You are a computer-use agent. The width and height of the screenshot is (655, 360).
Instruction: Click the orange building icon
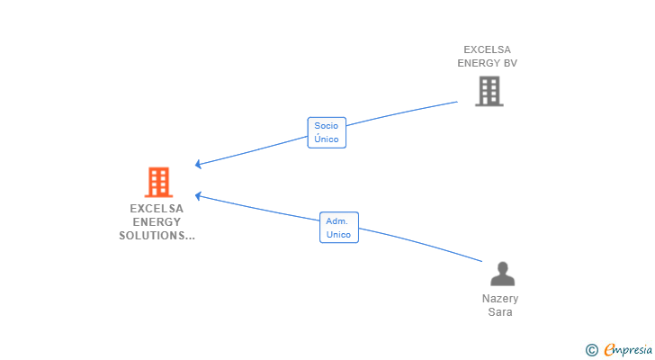click(x=158, y=183)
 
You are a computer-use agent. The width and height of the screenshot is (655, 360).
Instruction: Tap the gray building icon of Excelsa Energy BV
click(x=489, y=91)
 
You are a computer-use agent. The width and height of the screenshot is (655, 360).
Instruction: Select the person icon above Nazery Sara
click(x=501, y=274)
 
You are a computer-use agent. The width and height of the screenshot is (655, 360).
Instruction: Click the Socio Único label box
click(x=327, y=133)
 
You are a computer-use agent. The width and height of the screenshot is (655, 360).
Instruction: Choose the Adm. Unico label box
click(x=338, y=228)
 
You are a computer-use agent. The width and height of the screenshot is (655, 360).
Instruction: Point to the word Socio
click(x=327, y=126)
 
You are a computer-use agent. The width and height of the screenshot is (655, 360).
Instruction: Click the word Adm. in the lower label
click(x=338, y=220)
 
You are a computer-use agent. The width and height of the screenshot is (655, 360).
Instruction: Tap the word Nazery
click(x=500, y=299)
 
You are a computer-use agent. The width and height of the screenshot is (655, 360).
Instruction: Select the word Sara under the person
click(x=500, y=312)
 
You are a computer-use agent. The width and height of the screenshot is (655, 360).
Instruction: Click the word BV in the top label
click(x=510, y=63)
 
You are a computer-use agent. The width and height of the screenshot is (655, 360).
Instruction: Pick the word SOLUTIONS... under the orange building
click(x=157, y=236)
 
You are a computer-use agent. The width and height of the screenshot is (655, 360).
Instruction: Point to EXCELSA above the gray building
click(x=487, y=49)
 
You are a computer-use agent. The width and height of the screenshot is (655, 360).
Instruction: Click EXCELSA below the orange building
click(x=157, y=208)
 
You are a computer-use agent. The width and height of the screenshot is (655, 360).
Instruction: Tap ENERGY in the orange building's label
click(x=157, y=221)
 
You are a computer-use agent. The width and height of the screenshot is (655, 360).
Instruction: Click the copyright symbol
click(x=591, y=350)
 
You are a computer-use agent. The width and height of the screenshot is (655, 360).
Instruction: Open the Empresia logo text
click(x=629, y=350)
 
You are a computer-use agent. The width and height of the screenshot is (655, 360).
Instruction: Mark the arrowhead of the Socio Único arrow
click(x=198, y=165)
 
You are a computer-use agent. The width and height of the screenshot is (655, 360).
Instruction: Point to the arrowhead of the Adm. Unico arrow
click(x=198, y=195)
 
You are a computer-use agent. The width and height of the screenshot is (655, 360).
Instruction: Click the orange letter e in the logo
click(x=609, y=350)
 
